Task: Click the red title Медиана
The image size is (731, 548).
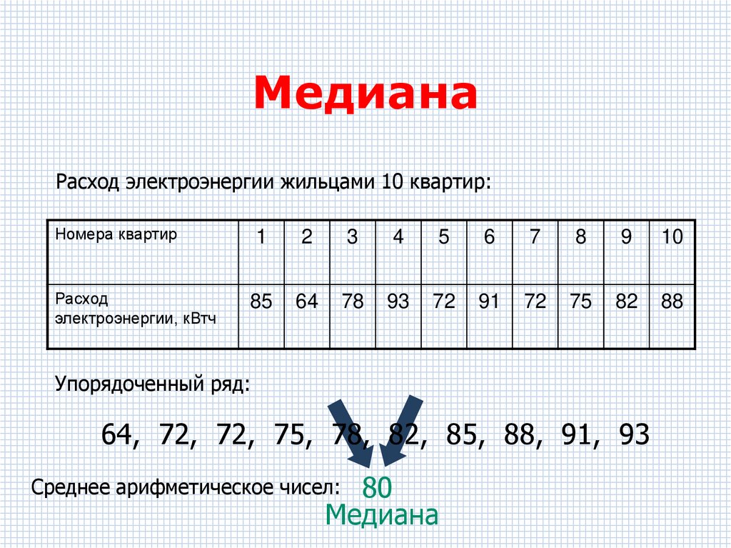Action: coord(365,94)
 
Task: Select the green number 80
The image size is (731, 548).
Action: coord(377,488)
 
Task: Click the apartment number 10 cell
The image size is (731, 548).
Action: coord(672,237)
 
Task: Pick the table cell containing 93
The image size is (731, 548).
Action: coord(398,302)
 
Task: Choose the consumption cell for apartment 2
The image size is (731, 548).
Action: coord(306,302)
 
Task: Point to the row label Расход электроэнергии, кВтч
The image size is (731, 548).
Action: coord(136,308)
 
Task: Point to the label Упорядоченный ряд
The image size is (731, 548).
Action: coord(153,386)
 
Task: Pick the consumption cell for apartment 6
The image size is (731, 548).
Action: coord(489,302)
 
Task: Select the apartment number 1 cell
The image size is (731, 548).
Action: coord(261,237)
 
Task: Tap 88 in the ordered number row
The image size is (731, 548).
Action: coord(519,434)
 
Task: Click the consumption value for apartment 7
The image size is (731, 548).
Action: coord(535,302)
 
